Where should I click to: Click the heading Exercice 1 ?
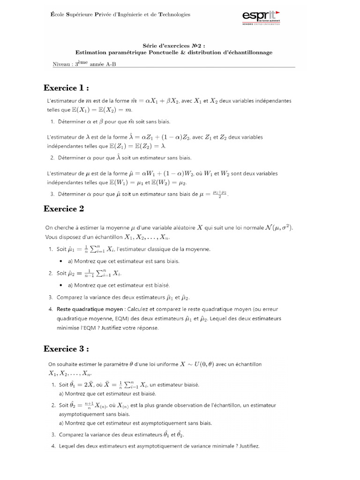coord(66,88)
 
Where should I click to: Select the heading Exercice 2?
coord(64,209)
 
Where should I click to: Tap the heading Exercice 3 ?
coord(66,349)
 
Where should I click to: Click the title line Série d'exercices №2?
coord(173,46)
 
